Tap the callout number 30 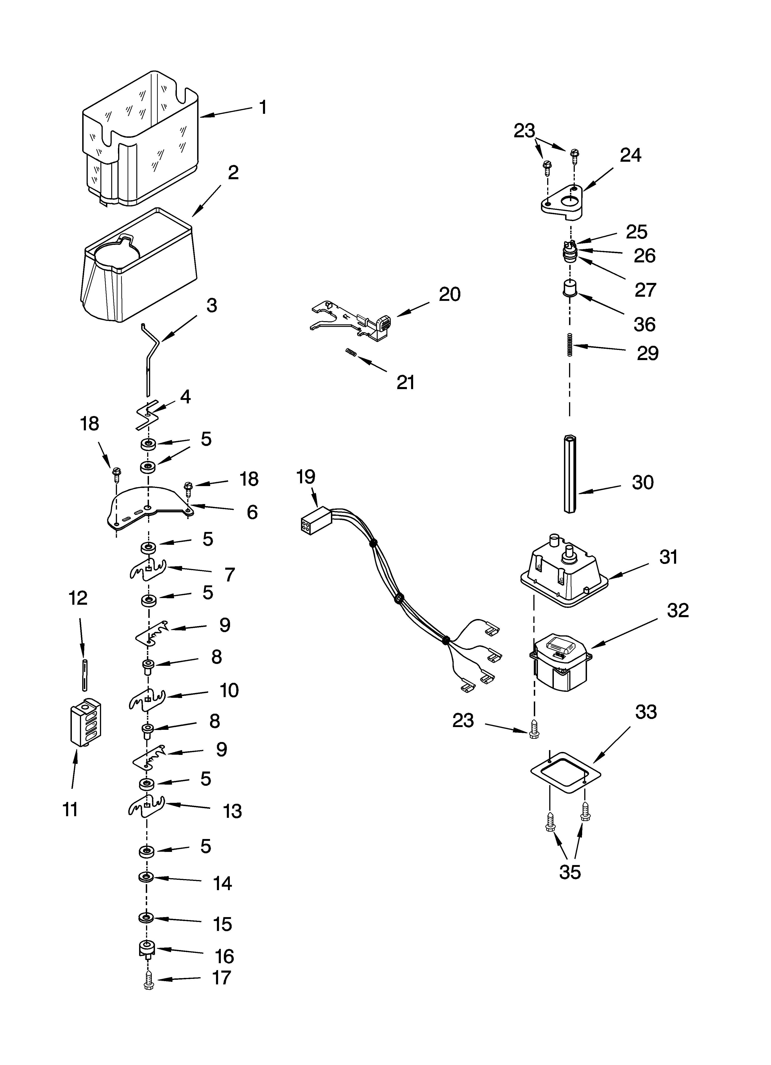(642, 483)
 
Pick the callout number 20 (449, 294)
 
